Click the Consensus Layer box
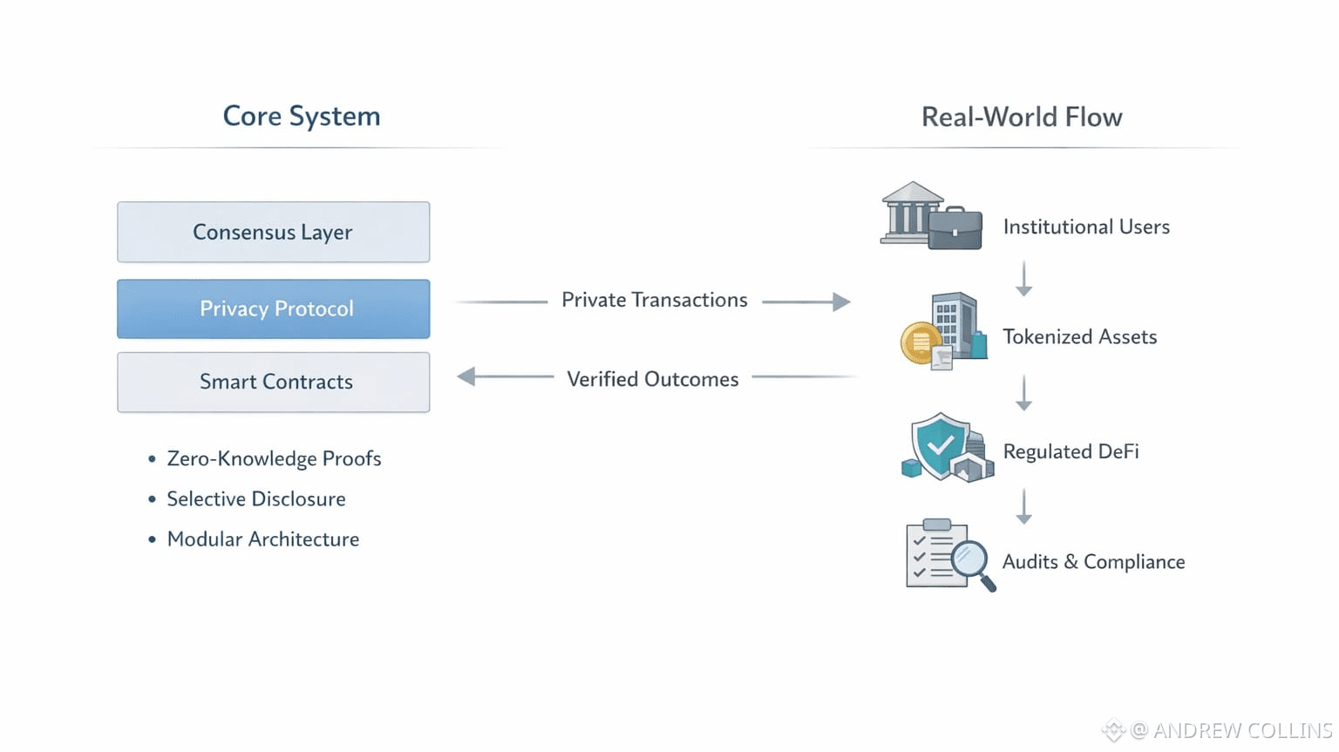[273, 232]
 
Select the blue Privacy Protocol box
[273, 308]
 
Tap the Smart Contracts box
[273, 382]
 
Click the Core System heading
[302, 116]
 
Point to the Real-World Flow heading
[1022, 117]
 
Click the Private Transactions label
[654, 300]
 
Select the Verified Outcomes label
[652, 379]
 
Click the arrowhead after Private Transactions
[841, 301]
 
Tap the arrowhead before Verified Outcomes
[466, 376]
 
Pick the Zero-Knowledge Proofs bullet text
[274, 458]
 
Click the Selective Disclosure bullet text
[256, 498]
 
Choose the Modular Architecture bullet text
[262, 539]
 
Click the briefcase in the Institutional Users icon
[955, 228]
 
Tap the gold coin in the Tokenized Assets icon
[919, 342]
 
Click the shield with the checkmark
[938, 445]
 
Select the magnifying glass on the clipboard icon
[970, 559]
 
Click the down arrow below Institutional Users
[1024, 279]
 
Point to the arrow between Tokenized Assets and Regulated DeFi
[1024, 393]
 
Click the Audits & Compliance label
[1093, 562]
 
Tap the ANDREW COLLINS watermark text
[1241, 730]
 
